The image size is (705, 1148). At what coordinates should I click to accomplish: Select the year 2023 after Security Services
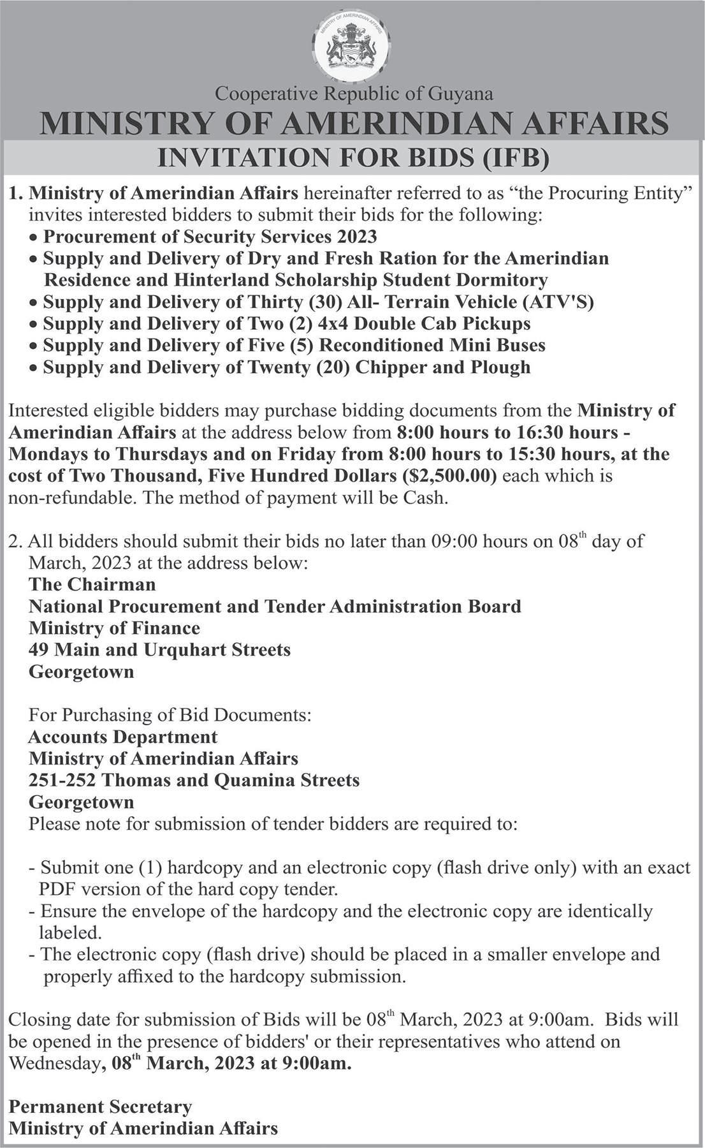pos(357,237)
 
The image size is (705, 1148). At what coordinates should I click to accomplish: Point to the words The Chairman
pos(92,584)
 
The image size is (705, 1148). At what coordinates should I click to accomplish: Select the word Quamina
pos(251,779)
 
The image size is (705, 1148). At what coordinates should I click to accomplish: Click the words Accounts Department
pos(123,737)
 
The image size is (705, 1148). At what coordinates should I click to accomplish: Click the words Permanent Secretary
pos(100,1106)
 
